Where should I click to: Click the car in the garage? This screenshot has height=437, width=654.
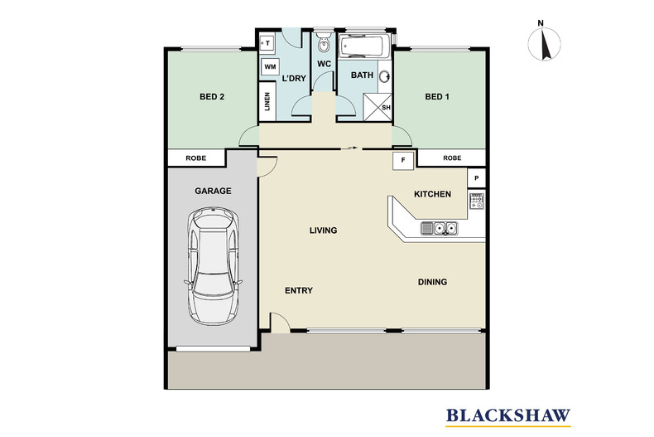[214, 266]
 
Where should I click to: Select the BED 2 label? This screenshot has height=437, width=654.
[213, 97]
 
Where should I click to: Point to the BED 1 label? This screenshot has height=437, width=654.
[436, 97]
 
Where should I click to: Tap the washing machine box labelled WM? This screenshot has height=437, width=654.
[269, 68]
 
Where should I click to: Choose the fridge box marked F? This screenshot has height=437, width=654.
[403, 159]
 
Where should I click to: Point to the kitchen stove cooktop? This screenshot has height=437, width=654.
[477, 199]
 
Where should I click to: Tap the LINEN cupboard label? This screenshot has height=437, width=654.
[267, 101]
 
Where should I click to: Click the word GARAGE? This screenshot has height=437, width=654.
[213, 191]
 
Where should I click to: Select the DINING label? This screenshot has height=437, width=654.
[432, 282]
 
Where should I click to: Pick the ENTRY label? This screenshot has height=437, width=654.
[298, 290]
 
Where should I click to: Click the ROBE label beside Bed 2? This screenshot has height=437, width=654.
[196, 158]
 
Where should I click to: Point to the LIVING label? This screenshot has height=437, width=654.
[323, 231]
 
